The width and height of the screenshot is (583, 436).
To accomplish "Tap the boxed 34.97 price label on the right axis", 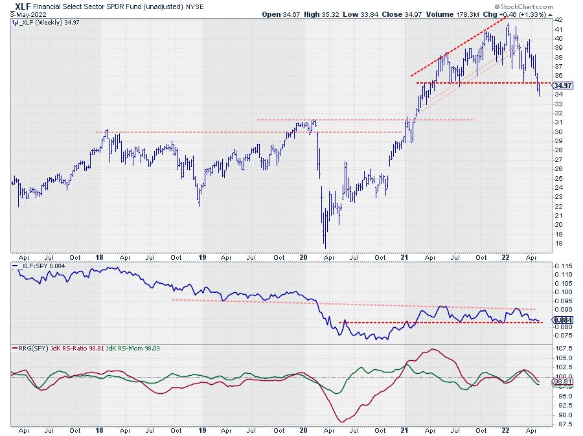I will tap(563, 86).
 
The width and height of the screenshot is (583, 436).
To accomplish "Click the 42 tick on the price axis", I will tap(558, 20).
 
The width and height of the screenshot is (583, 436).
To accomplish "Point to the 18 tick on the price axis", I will tap(558, 243).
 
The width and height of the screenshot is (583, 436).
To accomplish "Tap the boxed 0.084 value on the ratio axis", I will tap(562, 319).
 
